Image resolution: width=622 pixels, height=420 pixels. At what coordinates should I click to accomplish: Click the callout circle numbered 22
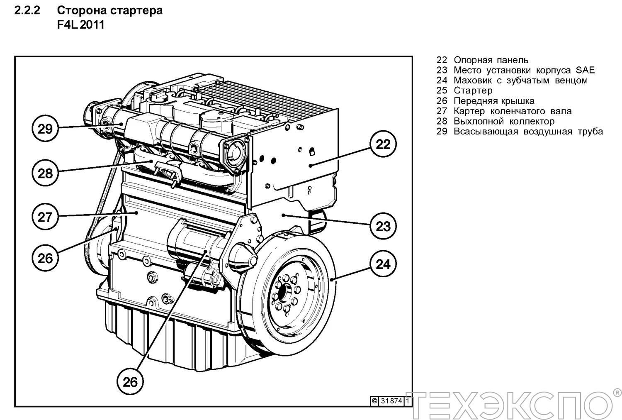(x=383, y=144)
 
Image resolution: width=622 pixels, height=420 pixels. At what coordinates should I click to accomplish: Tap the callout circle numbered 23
(x=383, y=226)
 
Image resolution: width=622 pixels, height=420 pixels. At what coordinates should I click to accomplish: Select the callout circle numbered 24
(x=383, y=264)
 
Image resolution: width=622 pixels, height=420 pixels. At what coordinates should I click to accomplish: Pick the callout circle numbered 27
(x=45, y=217)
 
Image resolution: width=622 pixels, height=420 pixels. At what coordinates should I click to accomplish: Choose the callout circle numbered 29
(x=45, y=129)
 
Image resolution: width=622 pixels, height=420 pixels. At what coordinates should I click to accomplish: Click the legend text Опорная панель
(x=491, y=60)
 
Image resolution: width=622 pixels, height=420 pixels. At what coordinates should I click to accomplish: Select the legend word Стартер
(x=473, y=90)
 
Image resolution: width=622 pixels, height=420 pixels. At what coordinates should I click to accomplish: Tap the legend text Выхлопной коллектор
(x=504, y=121)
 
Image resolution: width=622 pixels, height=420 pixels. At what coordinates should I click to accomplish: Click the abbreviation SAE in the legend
(x=585, y=70)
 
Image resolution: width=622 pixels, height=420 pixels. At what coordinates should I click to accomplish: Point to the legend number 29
(x=442, y=132)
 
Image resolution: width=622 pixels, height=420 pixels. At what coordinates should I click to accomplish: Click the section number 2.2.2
(x=27, y=10)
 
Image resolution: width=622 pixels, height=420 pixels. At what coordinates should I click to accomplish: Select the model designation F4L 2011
(x=81, y=25)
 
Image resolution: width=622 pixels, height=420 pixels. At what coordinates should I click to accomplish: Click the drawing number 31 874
(x=391, y=401)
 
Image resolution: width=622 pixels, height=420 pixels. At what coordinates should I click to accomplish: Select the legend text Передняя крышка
(x=494, y=101)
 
